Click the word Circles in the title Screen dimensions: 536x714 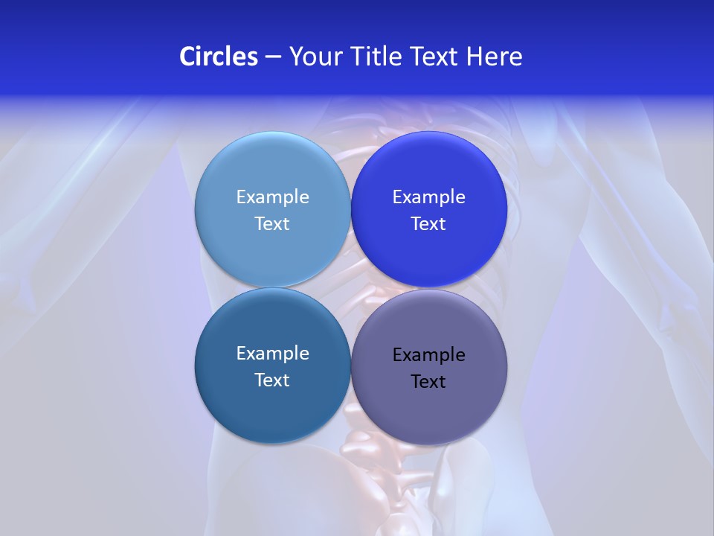[218, 57]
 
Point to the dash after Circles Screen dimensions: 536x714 [273, 57]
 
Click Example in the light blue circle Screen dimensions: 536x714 [272, 197]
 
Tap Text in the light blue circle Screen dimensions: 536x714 [272, 223]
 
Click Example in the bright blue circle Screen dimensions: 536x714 [428, 197]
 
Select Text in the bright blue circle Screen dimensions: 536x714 [428, 223]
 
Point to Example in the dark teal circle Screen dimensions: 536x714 [272, 353]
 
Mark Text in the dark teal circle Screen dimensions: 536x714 [272, 380]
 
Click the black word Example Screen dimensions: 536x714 [428, 354]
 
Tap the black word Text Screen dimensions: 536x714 [428, 381]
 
